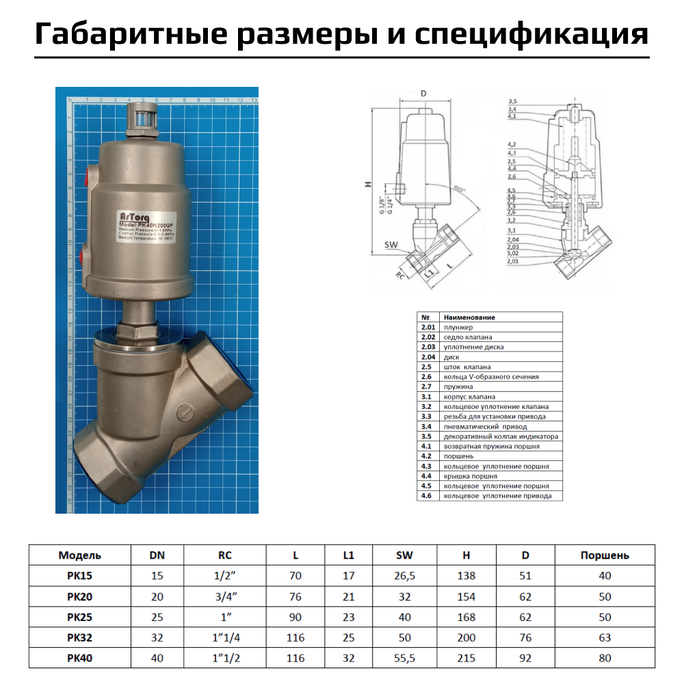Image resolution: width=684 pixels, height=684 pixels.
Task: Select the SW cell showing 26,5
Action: [x=405, y=576]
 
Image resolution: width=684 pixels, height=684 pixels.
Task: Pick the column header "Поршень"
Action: [x=605, y=555]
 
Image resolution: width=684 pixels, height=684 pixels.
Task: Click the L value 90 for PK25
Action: [x=295, y=617]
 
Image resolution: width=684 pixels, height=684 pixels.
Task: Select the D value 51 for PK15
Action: [x=525, y=576]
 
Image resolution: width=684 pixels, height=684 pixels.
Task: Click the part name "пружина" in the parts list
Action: [x=458, y=386]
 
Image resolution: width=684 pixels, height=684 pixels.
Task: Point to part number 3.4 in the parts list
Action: [x=427, y=426]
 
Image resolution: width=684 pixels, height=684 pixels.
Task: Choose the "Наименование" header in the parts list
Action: [x=469, y=317]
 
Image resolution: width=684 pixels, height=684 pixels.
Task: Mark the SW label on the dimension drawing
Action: [x=391, y=244]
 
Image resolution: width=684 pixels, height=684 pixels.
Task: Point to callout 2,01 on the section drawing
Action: [x=513, y=261]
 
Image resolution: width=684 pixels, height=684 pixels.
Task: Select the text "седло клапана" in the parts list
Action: [x=468, y=337]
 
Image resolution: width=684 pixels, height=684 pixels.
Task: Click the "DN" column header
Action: [x=157, y=555]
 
